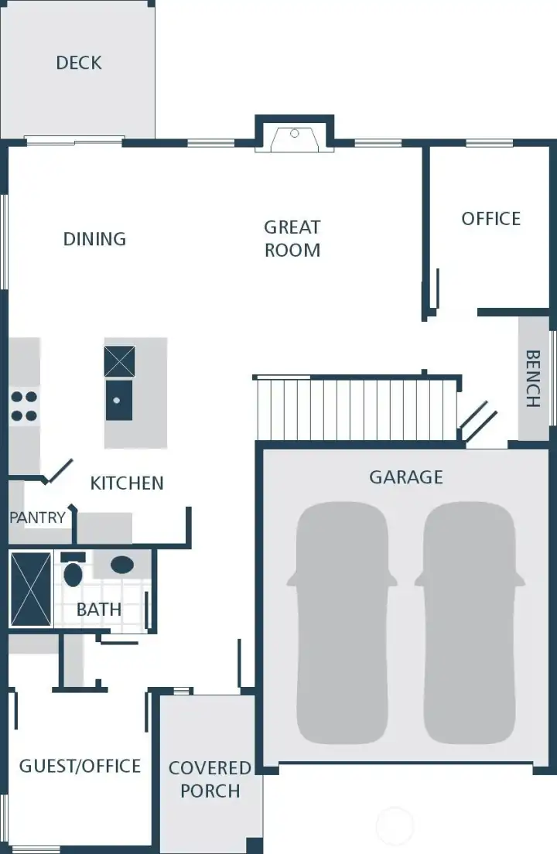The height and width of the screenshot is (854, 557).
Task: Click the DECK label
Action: (79, 63)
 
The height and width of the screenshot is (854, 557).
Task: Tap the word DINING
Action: (94, 239)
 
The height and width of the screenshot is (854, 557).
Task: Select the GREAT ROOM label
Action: (292, 238)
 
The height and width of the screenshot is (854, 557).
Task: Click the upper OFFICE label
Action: (490, 219)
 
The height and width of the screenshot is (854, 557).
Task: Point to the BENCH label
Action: (533, 379)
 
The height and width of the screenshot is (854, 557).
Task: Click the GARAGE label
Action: (406, 477)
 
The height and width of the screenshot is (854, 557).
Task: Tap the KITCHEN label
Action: (127, 483)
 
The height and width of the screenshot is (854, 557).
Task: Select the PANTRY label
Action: (37, 518)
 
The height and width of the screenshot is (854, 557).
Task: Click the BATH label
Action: (99, 610)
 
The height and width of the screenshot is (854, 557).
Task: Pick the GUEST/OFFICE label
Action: (80, 766)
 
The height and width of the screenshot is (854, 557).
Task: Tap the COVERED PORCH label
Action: (210, 779)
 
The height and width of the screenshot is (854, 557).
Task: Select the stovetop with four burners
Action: (24, 406)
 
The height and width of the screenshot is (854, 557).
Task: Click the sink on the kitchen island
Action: (118, 400)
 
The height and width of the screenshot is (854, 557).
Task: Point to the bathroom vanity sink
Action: (121, 565)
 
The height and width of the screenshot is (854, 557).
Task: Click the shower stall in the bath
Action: (30, 589)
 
